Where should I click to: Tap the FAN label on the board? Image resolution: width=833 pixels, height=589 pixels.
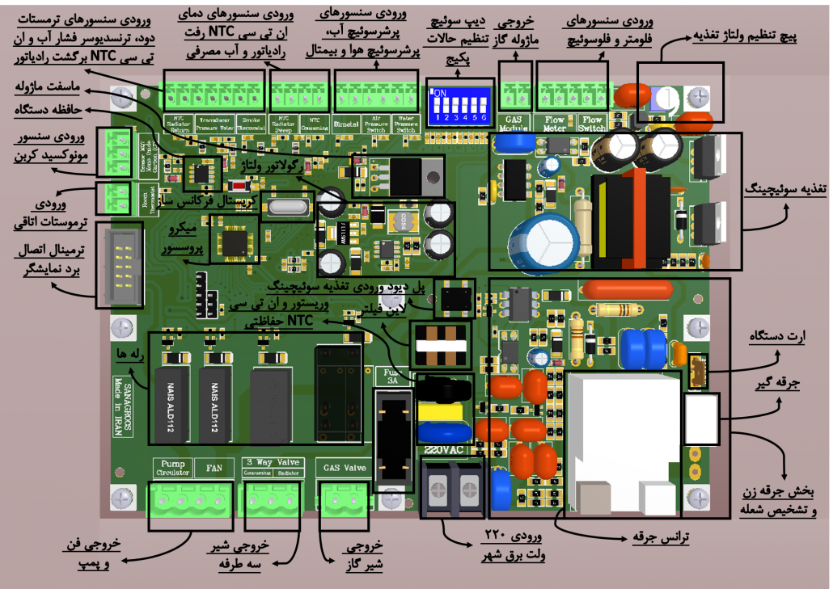coord(214,468)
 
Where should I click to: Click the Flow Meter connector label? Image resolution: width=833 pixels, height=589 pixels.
coord(554,124)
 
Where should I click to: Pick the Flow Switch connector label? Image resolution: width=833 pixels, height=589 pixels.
coord(592,124)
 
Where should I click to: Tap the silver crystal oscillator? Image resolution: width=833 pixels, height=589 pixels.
coord(286,208)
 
